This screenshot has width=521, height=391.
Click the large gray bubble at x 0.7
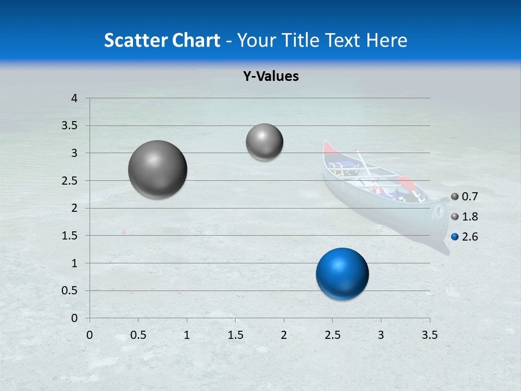click(x=158, y=169)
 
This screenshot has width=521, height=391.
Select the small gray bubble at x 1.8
click(x=264, y=142)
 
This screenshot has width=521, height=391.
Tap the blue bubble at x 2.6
click(x=342, y=274)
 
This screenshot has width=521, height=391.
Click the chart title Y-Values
click(x=271, y=77)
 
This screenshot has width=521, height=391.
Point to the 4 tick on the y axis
click(x=75, y=98)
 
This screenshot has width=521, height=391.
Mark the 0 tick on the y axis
click(x=75, y=318)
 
